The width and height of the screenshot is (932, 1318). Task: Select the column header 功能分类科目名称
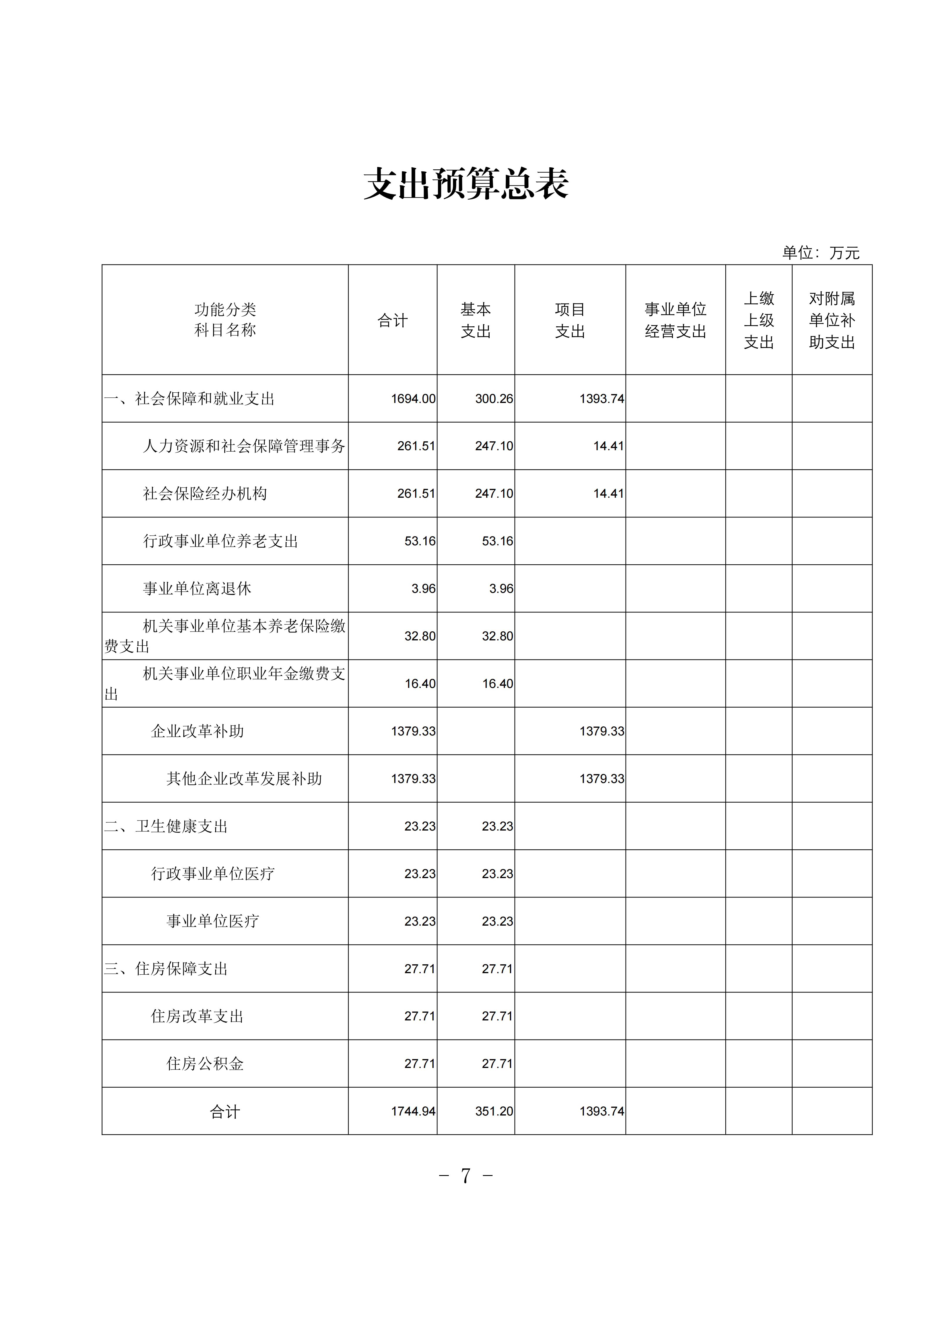click(225, 320)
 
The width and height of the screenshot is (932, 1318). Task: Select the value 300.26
click(494, 399)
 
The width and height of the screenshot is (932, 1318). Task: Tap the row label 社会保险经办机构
click(205, 494)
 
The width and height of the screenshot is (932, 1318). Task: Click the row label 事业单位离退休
click(197, 588)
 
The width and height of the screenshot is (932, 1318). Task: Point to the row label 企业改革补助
click(197, 731)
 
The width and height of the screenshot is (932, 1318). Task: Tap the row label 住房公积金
click(205, 1064)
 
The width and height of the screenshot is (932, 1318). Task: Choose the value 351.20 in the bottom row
click(494, 1111)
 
